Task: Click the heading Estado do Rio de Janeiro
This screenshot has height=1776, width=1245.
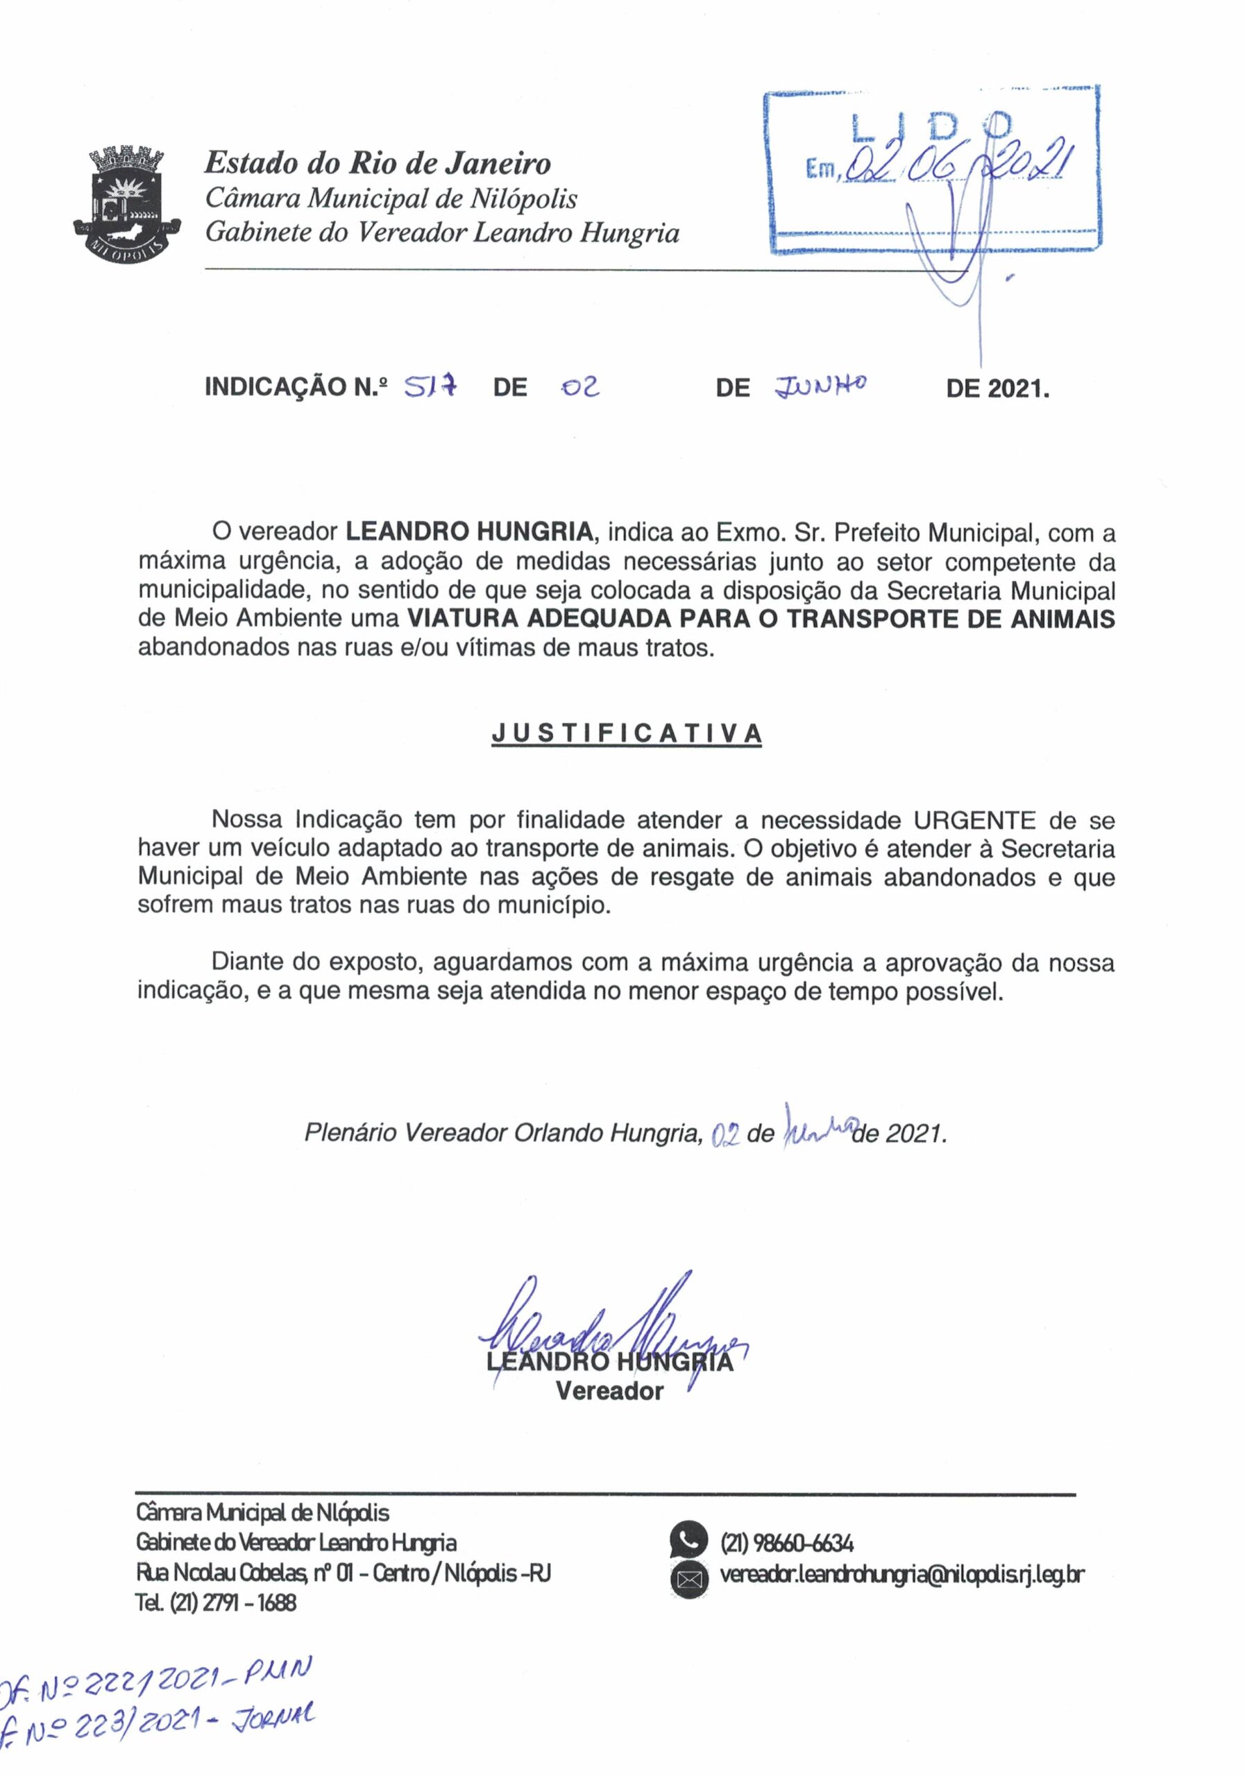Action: tap(377, 163)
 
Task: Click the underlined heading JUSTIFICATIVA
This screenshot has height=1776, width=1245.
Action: tap(627, 733)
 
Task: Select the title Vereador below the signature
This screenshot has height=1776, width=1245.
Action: tap(610, 1392)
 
